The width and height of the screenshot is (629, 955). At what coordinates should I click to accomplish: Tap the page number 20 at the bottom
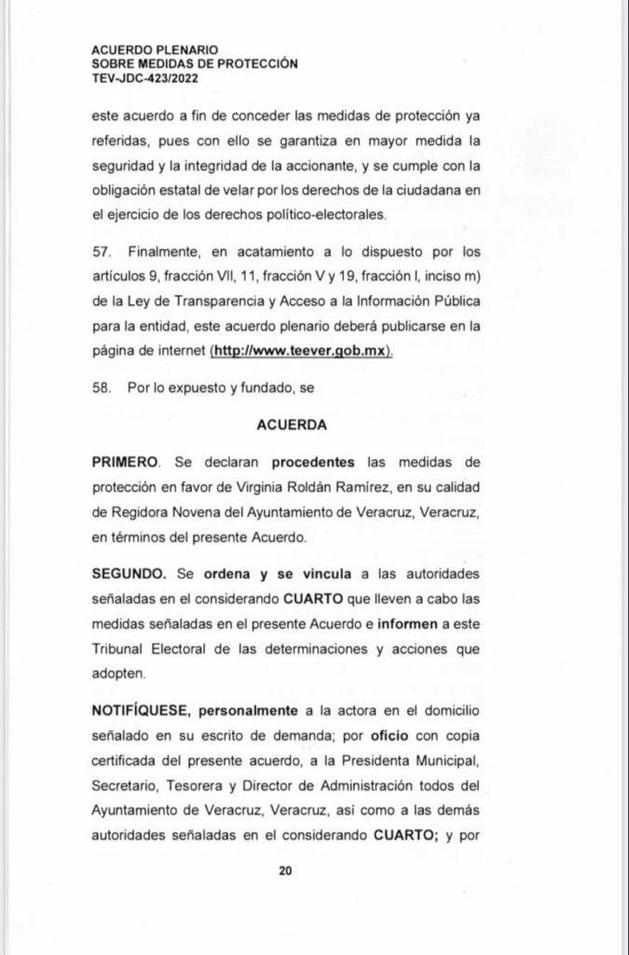285,871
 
